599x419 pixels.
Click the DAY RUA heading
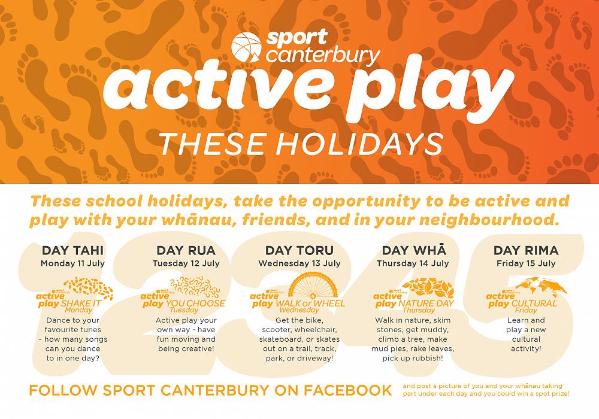185,250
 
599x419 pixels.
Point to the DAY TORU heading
299,250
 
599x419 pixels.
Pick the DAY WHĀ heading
413,250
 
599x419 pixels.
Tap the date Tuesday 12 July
185,263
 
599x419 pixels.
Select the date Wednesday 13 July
299,263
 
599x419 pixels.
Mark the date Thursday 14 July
413,263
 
